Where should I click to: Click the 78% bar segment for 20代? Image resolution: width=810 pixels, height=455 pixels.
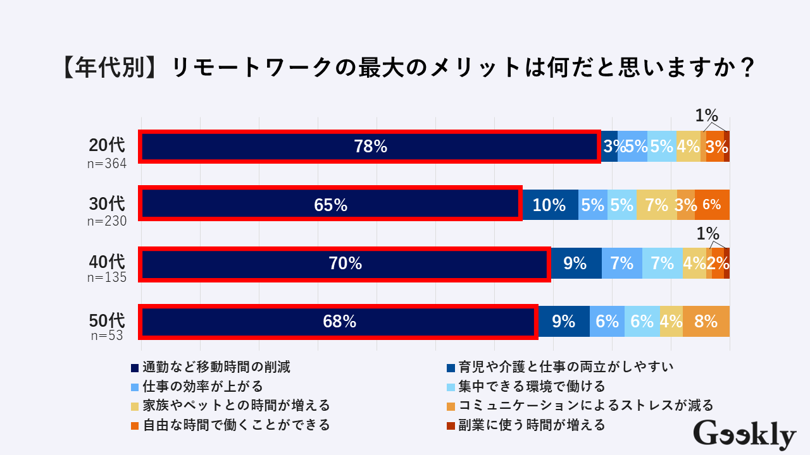pos(370,147)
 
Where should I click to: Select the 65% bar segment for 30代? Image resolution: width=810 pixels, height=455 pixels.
pos(331,205)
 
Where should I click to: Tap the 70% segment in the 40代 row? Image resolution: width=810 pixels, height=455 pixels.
pos(346,263)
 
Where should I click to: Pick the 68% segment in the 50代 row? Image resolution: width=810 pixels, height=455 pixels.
pos(340,321)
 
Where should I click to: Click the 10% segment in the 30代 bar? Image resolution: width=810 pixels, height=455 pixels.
pos(549,205)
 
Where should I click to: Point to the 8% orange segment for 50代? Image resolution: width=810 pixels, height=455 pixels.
pos(706,321)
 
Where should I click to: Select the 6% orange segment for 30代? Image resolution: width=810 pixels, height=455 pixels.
pos(712,205)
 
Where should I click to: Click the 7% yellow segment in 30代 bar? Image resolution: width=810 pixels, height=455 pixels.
pos(657,205)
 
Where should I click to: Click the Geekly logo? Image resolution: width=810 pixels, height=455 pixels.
pos(744,435)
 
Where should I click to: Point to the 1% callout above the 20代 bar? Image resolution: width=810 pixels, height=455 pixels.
pos(706,116)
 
